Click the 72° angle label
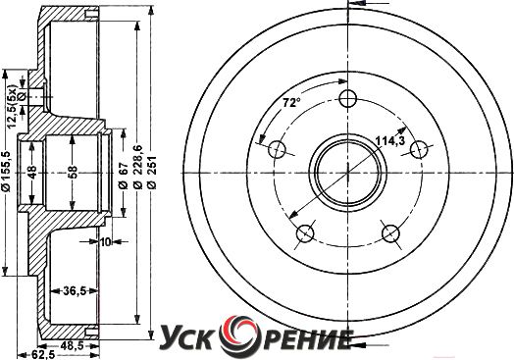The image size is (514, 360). [x=291, y=103]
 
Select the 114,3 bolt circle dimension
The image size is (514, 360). [x=390, y=141]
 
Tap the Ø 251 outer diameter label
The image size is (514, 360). [x=152, y=172]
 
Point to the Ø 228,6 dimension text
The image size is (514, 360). [x=138, y=166]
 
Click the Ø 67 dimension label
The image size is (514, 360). [x=123, y=176]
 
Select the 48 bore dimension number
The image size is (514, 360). [x=31, y=172]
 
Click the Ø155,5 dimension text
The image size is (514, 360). [x=7, y=171]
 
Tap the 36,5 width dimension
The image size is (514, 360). [x=75, y=290]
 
